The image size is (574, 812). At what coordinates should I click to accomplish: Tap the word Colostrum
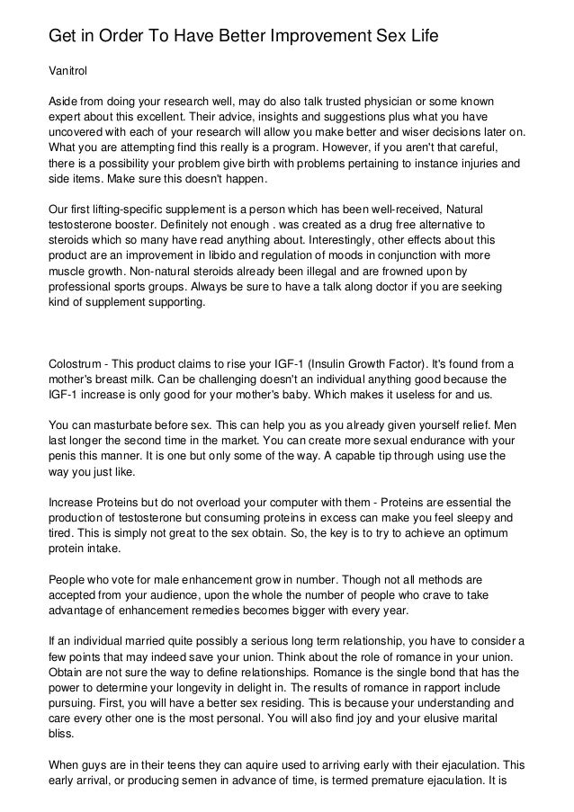coord(76,363)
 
